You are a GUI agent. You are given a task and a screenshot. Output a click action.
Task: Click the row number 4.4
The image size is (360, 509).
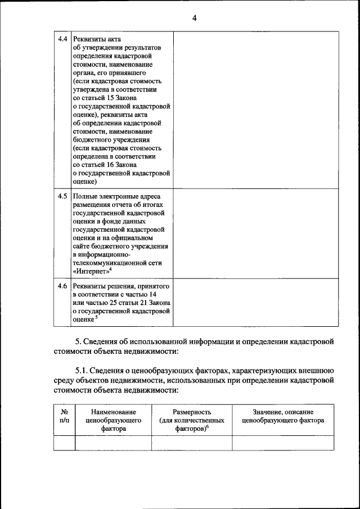pos(63,39)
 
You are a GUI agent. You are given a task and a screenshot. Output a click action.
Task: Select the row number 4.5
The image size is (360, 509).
pos(63,196)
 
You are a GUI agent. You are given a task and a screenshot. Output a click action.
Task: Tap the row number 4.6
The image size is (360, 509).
pos(63,286)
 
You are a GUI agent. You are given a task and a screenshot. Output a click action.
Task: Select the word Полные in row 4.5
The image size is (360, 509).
pos(85,197)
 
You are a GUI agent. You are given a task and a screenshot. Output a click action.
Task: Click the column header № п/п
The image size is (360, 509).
pos(64,416)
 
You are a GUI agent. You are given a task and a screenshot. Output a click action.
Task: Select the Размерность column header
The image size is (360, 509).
pos(192,412)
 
